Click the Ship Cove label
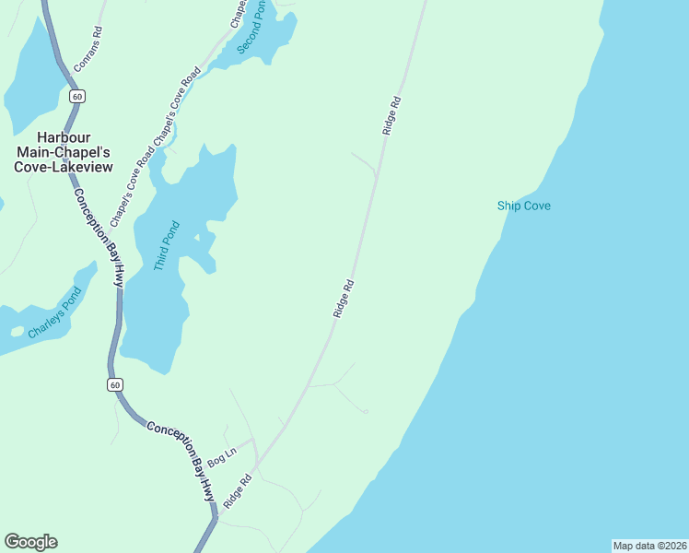tap(523, 206)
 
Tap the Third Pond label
tap(166, 245)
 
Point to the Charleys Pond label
tap(54, 313)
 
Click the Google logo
tap(30, 542)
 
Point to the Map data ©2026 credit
tap(650, 546)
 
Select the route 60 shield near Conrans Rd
tap(76, 96)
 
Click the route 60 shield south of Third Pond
tap(114, 384)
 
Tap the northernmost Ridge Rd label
tap(392, 116)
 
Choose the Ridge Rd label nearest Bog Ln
tap(237, 493)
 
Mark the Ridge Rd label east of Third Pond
tap(344, 300)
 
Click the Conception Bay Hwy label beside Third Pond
tap(98, 238)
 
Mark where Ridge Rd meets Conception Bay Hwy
tap(217, 517)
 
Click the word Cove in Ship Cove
tap(538, 206)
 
